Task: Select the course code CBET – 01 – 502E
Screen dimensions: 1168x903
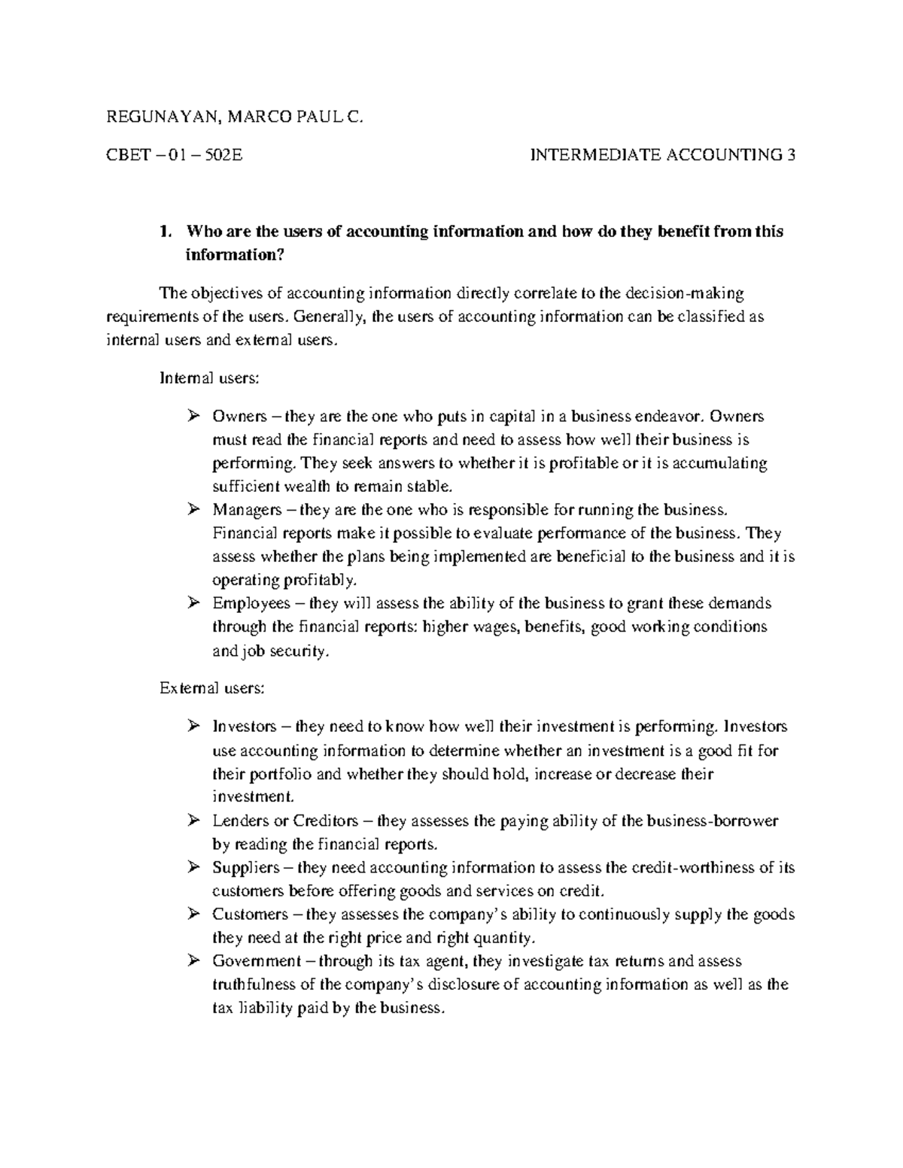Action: pos(175,156)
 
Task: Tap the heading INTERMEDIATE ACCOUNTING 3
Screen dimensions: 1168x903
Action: pos(662,156)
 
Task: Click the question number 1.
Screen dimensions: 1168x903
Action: pos(164,232)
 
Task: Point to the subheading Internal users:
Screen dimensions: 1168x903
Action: pos(209,378)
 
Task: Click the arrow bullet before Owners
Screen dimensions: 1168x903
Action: pos(193,417)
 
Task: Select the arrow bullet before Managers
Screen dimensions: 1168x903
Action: pos(193,510)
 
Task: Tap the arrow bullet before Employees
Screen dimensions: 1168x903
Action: pos(193,603)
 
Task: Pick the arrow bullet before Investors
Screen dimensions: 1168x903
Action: pos(193,727)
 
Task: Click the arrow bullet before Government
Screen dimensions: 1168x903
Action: pos(193,961)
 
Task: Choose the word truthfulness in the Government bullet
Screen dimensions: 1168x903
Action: pos(254,984)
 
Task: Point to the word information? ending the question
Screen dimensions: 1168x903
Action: pos(235,255)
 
